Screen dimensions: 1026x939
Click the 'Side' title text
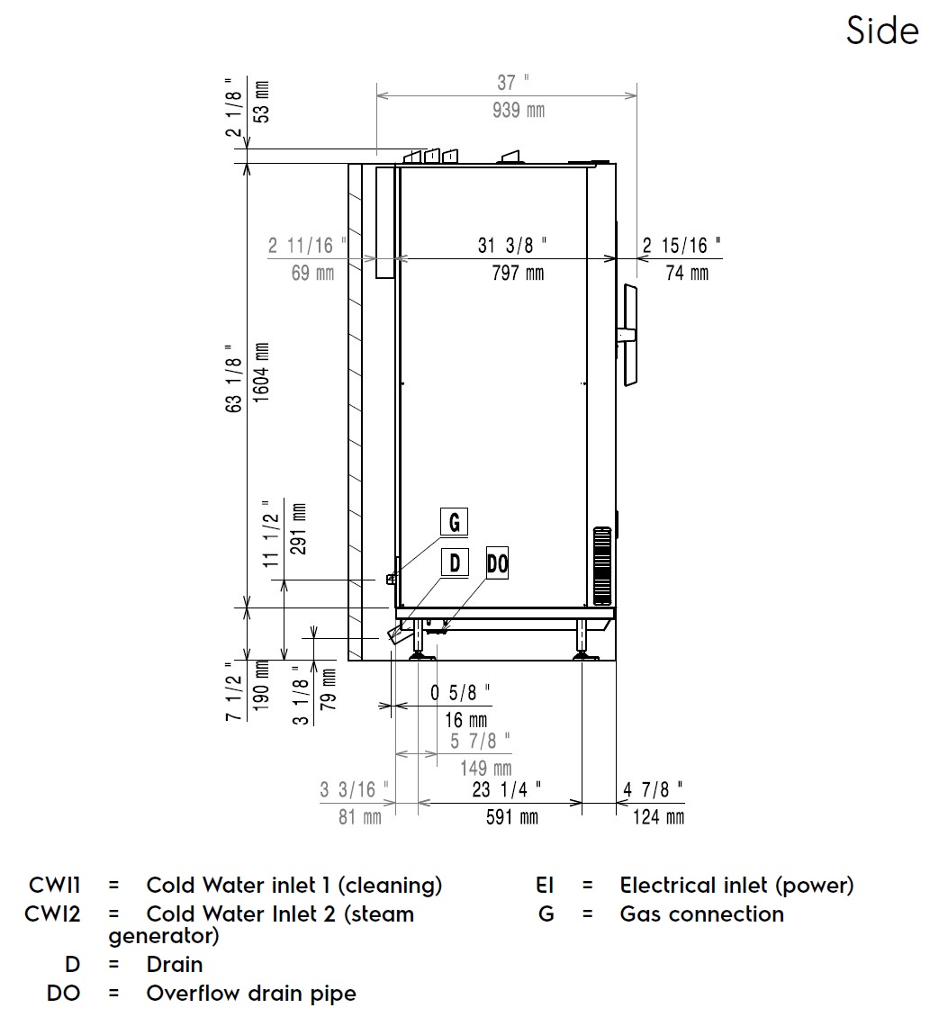[882, 31]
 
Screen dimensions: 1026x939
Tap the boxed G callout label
[454, 521]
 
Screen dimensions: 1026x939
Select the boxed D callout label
[455, 563]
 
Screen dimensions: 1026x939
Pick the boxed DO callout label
[497, 563]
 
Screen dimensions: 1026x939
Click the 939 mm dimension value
[518, 111]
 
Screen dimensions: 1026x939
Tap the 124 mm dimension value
[658, 816]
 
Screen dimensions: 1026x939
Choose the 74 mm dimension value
[687, 273]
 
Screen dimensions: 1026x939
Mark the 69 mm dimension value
[312, 273]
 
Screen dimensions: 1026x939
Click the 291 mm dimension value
[299, 529]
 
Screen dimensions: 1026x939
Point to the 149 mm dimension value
[486, 768]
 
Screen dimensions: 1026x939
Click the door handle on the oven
[628, 335]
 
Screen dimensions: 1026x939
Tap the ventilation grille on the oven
[600, 566]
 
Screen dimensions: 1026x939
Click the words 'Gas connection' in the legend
[701, 914]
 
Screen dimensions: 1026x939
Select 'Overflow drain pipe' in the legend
[251, 994]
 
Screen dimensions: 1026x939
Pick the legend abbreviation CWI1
[55, 886]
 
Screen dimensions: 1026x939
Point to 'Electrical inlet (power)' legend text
[736, 886]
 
